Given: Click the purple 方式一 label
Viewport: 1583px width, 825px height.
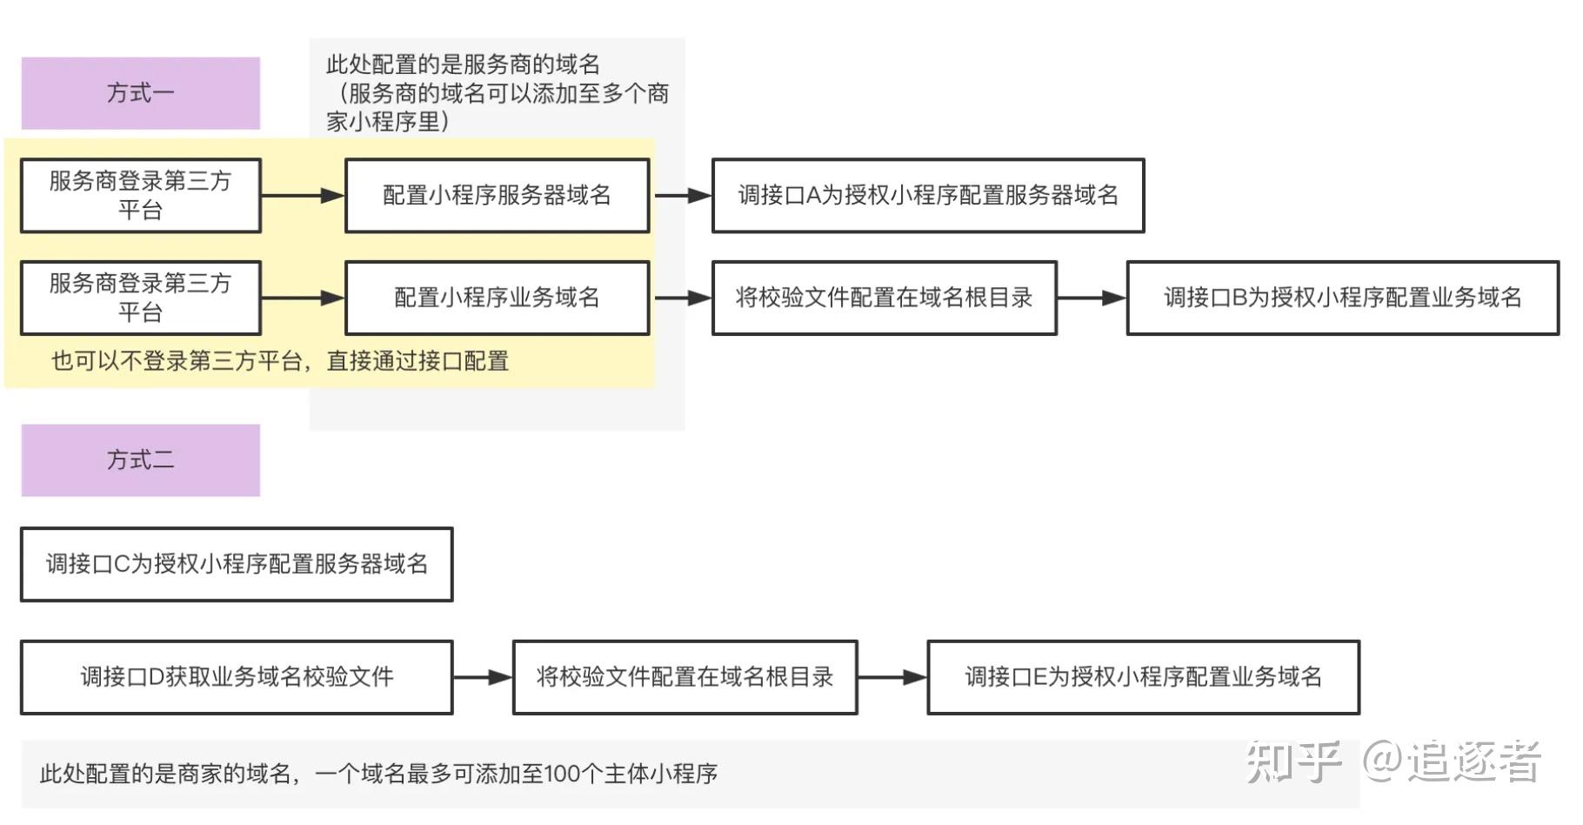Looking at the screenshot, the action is point(140,93).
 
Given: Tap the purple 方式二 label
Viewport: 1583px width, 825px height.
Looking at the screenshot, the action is point(140,460).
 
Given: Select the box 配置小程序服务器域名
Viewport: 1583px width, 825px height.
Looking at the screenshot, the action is point(498,195).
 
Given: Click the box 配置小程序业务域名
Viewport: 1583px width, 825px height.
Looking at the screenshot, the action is point(498,298).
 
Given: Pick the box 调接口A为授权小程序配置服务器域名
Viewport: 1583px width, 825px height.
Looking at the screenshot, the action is point(928,195).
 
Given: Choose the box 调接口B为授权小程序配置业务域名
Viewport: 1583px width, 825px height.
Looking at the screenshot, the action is point(1343,298).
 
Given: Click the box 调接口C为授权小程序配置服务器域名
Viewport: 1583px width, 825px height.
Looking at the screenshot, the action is point(237,564).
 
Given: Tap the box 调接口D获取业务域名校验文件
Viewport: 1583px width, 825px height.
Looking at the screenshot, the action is point(237,677).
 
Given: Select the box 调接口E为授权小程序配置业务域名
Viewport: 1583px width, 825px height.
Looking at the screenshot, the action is point(1144,677).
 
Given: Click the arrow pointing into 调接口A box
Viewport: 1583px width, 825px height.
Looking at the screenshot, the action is point(683,196).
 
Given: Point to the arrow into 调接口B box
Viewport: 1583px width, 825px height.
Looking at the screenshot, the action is point(1092,298).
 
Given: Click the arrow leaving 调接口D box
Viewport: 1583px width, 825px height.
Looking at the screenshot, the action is point(483,677).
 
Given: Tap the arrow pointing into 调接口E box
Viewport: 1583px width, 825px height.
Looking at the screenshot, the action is point(893,677).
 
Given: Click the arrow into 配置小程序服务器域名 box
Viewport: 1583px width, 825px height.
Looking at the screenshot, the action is point(303,196).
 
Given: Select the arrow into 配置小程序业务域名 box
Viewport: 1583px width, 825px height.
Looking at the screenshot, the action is point(303,298).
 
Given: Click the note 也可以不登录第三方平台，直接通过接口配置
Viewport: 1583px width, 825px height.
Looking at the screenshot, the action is point(280,361).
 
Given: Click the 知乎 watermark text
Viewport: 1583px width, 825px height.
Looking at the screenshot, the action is point(1293,761).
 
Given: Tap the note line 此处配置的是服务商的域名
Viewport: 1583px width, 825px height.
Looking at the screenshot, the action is point(463,64).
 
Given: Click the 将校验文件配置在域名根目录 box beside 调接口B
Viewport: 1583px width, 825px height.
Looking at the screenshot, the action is point(885,298).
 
